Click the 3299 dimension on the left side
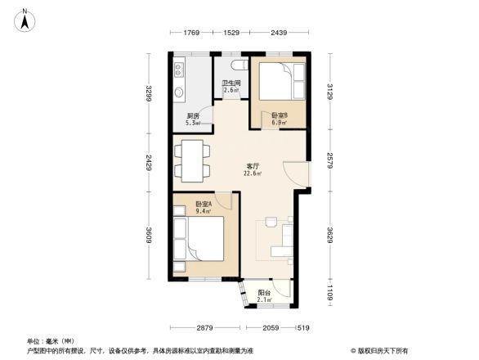pos(150,95)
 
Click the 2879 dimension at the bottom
pos(204,327)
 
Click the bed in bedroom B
pos(280,85)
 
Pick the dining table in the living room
pos(190,161)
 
